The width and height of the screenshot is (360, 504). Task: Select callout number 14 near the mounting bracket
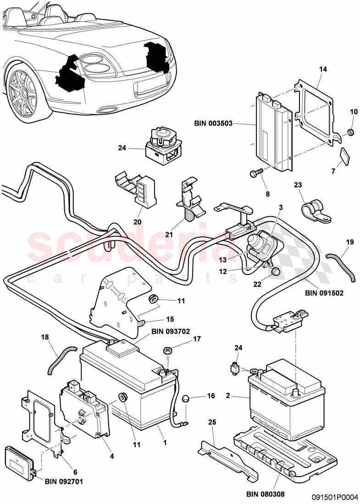[323, 69]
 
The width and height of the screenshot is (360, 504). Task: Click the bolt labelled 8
[255, 174]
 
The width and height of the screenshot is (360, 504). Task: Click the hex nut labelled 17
[167, 351]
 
